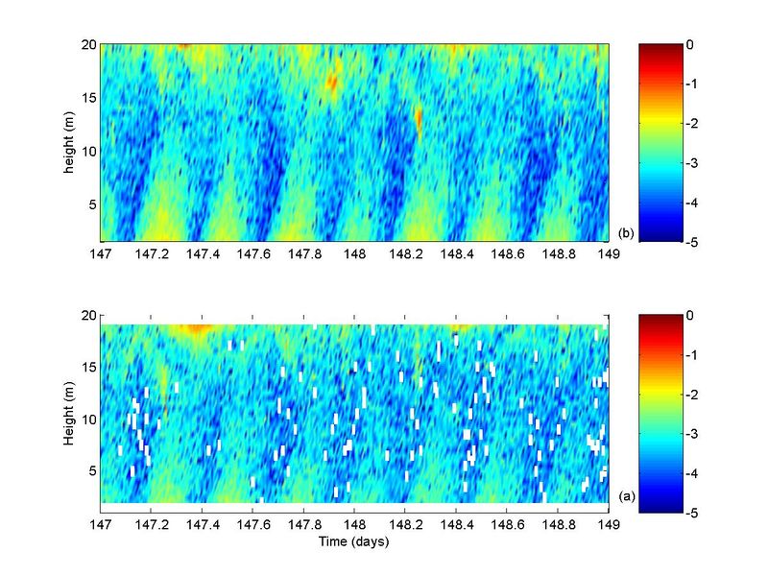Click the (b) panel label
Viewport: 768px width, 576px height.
point(626,233)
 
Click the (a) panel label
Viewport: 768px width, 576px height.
point(626,495)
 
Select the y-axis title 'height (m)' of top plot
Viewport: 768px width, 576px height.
point(70,142)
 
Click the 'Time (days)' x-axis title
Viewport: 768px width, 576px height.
point(355,540)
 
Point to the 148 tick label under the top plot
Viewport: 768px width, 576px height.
point(355,253)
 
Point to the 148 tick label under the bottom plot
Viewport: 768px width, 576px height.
point(355,523)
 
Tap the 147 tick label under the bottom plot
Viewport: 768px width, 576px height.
point(101,523)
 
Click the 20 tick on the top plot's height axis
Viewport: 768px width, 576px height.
point(86,44)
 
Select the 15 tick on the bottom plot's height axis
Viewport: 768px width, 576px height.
point(86,368)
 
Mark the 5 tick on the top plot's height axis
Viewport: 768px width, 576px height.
point(89,204)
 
